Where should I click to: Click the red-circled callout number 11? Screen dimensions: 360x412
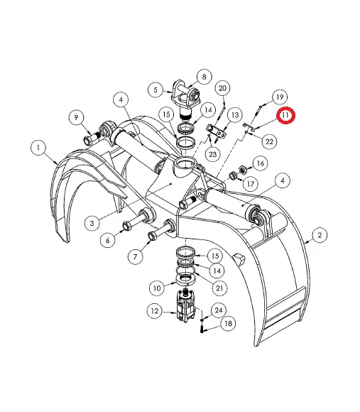pos(285,115)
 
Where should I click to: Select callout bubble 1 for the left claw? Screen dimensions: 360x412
pos(38,148)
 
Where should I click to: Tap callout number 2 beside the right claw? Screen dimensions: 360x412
pos(320,235)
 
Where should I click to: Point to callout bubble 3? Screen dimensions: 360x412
pos(92,223)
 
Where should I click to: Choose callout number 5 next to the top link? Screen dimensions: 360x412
pos(156,90)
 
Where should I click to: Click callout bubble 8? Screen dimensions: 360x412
pos(204,77)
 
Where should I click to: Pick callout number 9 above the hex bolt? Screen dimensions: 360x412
pos(76,117)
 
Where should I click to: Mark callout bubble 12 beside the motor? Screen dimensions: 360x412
pos(155,311)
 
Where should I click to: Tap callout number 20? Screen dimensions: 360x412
pos(222,88)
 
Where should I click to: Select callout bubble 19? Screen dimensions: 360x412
pos(280,97)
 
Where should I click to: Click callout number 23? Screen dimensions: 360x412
pos(212,154)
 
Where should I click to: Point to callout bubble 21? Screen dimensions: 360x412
pos(219,288)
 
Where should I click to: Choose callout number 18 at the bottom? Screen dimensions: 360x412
pos(228,323)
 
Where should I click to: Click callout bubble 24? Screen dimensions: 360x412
pos(219,310)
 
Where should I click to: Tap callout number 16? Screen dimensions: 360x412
pos(260,163)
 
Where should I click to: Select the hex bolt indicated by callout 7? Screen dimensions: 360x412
pos(160,230)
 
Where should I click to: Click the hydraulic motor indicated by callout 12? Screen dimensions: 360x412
pos(185,305)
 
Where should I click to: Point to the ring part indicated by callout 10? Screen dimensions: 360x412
pos(186,280)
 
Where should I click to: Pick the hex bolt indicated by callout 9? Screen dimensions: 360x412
pos(91,138)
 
